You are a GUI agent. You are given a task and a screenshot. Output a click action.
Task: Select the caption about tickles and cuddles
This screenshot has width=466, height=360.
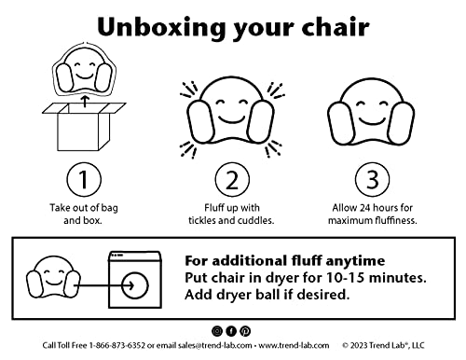pos(232,214)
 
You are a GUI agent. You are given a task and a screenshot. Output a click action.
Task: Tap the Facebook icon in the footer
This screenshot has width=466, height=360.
pos(232,331)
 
